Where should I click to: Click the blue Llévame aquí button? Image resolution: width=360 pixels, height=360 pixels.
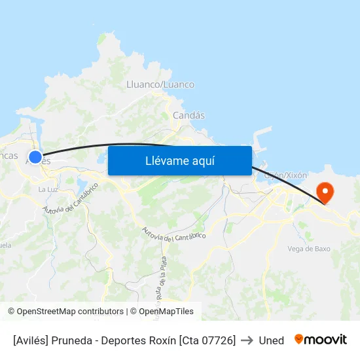click(179, 160)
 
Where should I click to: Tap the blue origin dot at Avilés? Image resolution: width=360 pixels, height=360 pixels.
click(35, 157)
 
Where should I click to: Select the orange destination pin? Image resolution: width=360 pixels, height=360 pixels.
click(325, 192)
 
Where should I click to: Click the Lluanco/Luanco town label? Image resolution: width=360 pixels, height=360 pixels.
click(160, 84)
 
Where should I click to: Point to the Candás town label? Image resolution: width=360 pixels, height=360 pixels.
click(189, 115)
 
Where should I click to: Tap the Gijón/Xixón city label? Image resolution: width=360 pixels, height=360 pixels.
click(285, 175)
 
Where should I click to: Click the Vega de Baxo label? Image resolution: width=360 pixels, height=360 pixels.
click(309, 249)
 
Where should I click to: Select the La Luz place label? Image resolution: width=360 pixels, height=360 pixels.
click(48, 189)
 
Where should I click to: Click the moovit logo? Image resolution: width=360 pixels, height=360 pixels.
click(321, 340)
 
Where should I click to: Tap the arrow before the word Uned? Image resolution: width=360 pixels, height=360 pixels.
click(247, 340)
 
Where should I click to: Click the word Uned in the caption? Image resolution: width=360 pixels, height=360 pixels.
click(271, 340)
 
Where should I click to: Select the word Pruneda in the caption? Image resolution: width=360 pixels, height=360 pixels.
click(74, 340)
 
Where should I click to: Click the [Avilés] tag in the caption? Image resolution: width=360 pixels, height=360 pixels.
click(32, 340)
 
